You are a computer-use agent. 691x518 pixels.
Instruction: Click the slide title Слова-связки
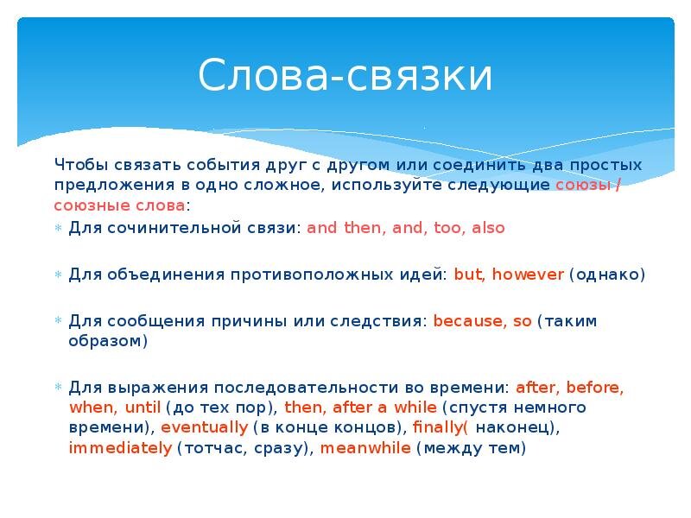[345, 76]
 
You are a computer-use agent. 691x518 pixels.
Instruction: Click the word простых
[611, 164]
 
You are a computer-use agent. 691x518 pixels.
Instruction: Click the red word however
[528, 275]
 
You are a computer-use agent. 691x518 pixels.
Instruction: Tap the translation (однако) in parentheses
[607, 275]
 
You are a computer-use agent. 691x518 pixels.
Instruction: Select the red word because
[470, 321]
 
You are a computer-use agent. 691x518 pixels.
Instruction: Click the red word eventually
[205, 427]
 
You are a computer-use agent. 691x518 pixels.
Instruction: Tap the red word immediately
[120, 448]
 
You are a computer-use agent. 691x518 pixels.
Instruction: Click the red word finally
[440, 427]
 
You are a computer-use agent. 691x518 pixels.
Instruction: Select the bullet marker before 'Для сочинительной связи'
[58, 229]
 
